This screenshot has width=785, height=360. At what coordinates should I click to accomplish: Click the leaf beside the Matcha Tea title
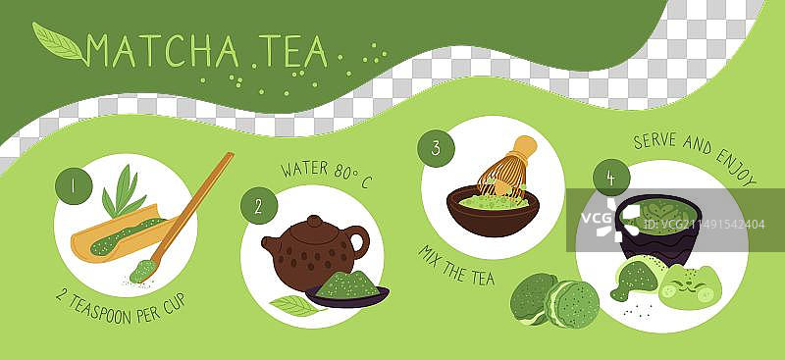pyautogui.click(x=58, y=42)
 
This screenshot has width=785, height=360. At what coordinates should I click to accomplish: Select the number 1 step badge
pyautogui.click(x=74, y=185)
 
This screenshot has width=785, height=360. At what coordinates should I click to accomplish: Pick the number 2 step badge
pyautogui.click(x=259, y=206)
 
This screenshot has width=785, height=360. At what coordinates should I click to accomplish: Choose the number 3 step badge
pyautogui.click(x=436, y=148)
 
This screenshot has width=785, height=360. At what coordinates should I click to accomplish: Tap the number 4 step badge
pyautogui.click(x=610, y=178)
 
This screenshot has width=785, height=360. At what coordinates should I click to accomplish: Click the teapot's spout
pyautogui.click(x=271, y=244)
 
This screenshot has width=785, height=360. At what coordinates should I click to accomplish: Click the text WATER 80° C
pyautogui.click(x=327, y=175)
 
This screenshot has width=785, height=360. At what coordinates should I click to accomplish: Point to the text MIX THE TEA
pyautogui.click(x=455, y=265)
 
